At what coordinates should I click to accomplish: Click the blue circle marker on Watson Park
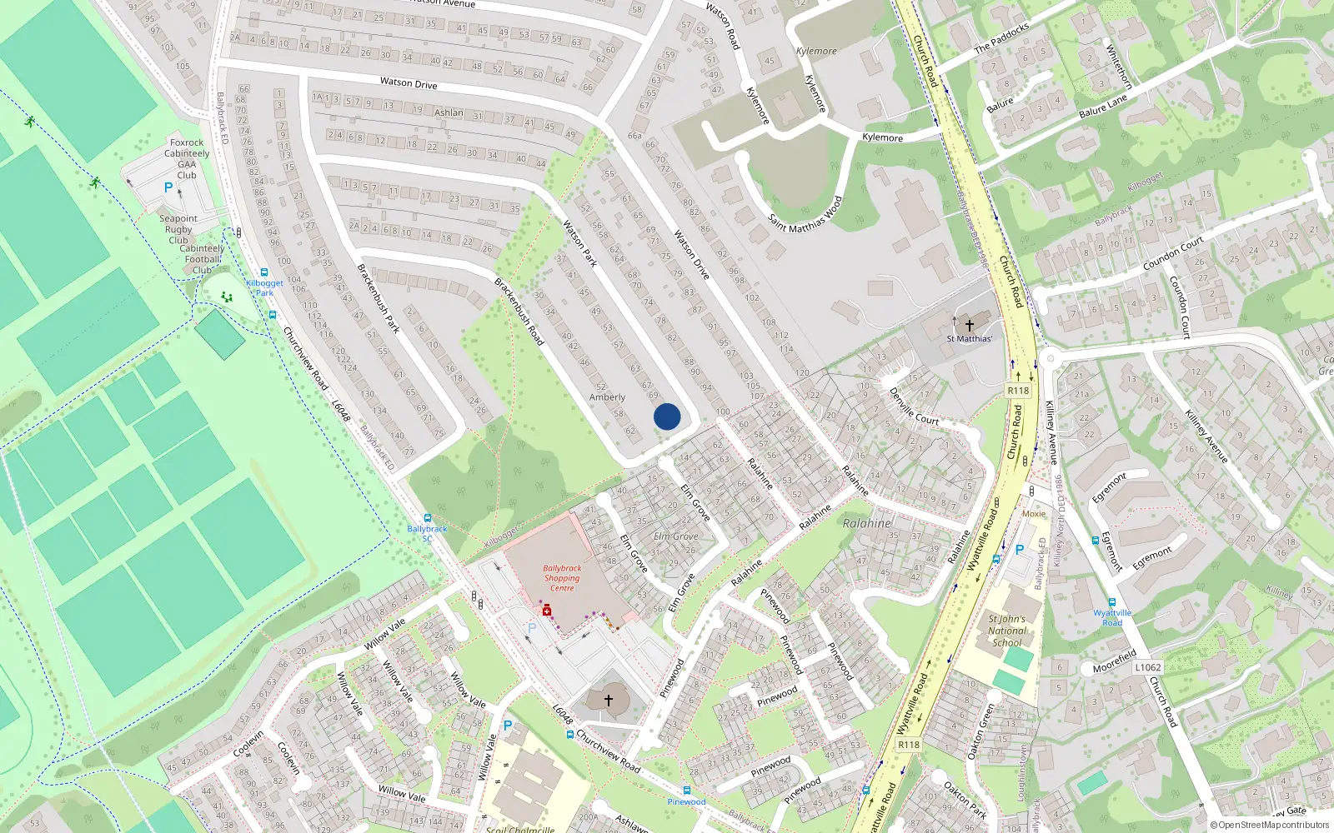(667, 416)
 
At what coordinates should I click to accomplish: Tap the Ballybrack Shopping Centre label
(563, 578)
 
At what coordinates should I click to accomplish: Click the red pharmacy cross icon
(547, 611)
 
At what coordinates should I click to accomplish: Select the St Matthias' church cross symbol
(969, 325)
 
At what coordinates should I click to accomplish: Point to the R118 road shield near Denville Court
(1018, 391)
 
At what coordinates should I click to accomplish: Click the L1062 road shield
(1147, 667)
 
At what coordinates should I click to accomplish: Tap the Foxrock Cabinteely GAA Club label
(187, 158)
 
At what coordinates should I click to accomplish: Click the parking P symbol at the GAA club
(168, 188)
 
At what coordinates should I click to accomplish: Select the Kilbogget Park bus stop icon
(264, 272)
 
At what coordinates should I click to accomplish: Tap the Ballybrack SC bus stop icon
(428, 518)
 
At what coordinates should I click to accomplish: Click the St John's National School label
(1006, 631)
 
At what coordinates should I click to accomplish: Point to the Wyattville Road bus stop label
(1112, 617)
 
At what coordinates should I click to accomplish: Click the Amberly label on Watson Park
(607, 397)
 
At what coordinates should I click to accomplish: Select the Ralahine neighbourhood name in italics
(867, 523)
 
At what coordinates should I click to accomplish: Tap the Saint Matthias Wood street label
(805, 215)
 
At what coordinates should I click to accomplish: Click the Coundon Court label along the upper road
(1173, 253)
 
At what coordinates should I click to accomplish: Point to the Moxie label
(1034, 514)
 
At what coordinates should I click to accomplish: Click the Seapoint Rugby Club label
(178, 229)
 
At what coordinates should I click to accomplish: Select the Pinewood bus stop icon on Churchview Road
(686, 791)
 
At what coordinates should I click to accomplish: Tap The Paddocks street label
(1001, 38)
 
